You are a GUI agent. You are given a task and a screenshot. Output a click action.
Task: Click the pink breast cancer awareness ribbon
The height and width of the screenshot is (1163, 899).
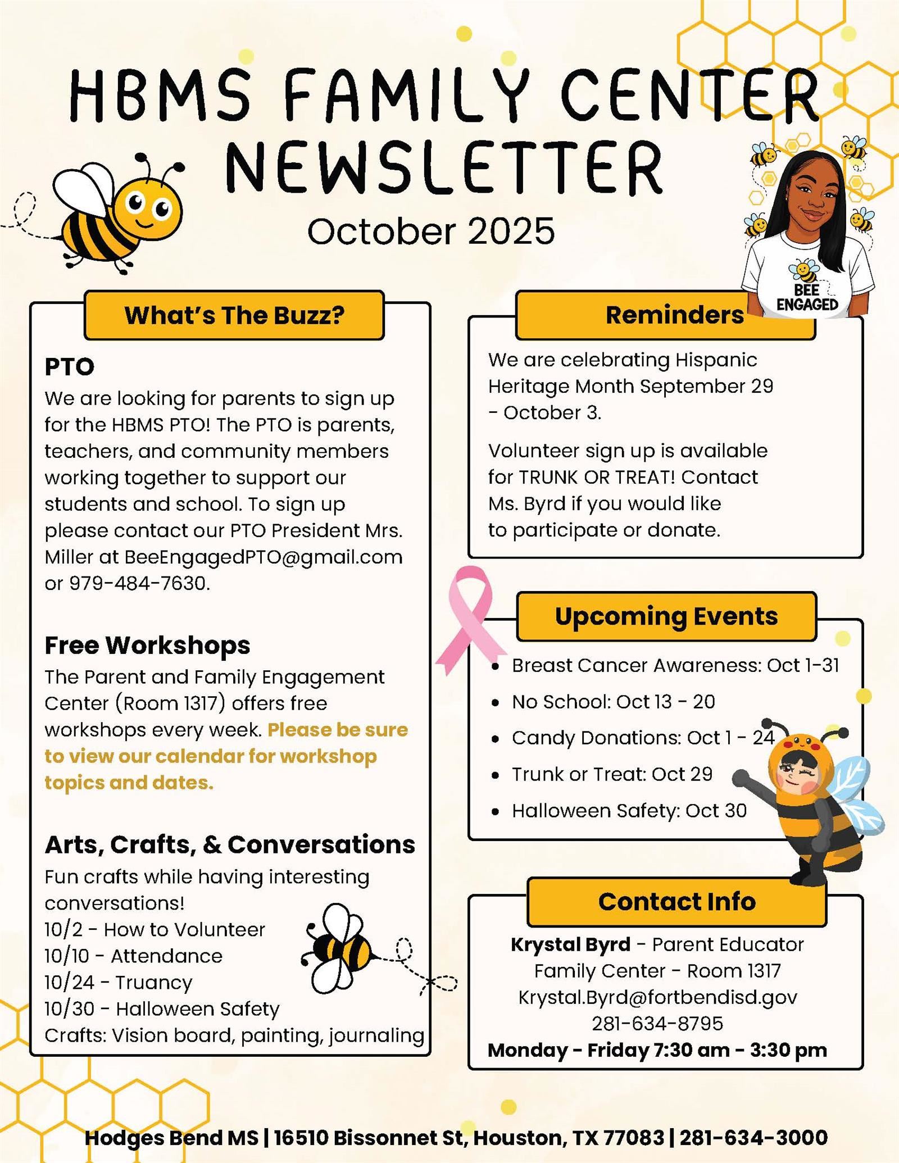coord(470,618)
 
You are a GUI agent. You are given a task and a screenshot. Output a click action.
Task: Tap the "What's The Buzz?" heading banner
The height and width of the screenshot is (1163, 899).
coord(234,315)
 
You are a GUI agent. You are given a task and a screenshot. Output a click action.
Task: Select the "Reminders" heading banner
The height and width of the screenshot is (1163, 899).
coord(674,315)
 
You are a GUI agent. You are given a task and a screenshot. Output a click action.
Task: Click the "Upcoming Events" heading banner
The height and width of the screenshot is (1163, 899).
coord(666,616)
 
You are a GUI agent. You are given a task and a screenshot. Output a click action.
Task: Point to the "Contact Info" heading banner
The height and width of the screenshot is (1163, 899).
coord(676,902)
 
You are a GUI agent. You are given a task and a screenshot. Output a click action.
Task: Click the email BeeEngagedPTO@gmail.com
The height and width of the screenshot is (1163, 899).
coord(263,557)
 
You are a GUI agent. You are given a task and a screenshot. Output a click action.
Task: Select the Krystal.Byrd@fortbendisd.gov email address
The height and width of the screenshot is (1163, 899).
coord(657,997)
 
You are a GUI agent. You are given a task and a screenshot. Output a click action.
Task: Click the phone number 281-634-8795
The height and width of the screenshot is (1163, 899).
coord(657,1024)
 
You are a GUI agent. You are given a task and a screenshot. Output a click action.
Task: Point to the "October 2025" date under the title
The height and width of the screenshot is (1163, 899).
coord(431,231)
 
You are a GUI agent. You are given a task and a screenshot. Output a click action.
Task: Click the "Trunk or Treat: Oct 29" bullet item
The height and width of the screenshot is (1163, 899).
coord(611,774)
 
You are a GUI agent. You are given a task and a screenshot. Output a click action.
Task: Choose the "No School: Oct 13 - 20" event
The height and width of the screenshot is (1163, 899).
coord(612,702)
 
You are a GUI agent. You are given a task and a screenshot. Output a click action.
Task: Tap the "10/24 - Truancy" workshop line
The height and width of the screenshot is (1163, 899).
coord(119,983)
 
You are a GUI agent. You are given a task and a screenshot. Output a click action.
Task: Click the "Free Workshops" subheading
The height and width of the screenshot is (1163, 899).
coord(147,646)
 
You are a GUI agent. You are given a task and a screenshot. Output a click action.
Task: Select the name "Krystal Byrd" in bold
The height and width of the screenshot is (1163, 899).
coord(570,944)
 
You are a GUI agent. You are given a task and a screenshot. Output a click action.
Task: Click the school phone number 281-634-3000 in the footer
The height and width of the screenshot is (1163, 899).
coord(753,1138)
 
